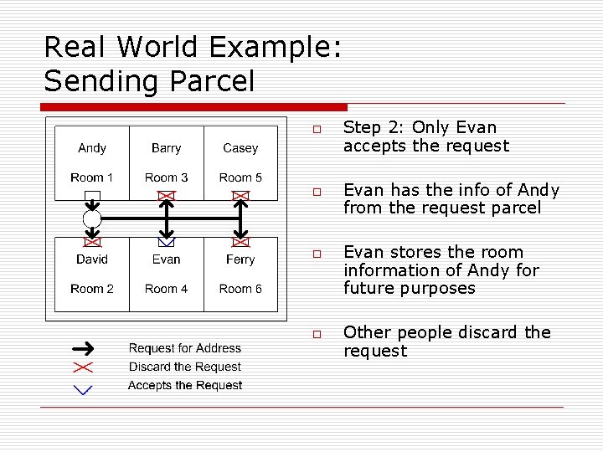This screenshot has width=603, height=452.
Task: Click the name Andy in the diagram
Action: coord(92,148)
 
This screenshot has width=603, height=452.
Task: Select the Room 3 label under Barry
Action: coord(166,177)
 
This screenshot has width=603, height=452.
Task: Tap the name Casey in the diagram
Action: coord(240,148)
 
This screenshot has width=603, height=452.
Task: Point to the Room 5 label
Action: coord(240,177)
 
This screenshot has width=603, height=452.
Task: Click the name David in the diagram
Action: coord(92,259)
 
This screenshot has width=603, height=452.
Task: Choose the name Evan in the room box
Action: coord(166,259)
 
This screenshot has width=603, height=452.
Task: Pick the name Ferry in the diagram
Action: coord(240,259)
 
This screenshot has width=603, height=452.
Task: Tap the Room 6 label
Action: coord(240,289)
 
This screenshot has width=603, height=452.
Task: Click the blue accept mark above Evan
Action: coord(167,243)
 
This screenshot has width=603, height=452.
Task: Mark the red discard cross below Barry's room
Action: coord(167,196)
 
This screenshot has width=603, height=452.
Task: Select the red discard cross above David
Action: coord(92,242)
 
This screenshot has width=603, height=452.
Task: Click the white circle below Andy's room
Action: coord(92,219)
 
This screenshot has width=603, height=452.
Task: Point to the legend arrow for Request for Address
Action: coord(83,348)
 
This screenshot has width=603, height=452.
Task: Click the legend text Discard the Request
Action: coord(184,367)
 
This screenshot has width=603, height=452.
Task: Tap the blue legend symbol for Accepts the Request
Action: coord(83,388)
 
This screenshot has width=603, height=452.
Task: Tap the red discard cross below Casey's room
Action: coord(241,196)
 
